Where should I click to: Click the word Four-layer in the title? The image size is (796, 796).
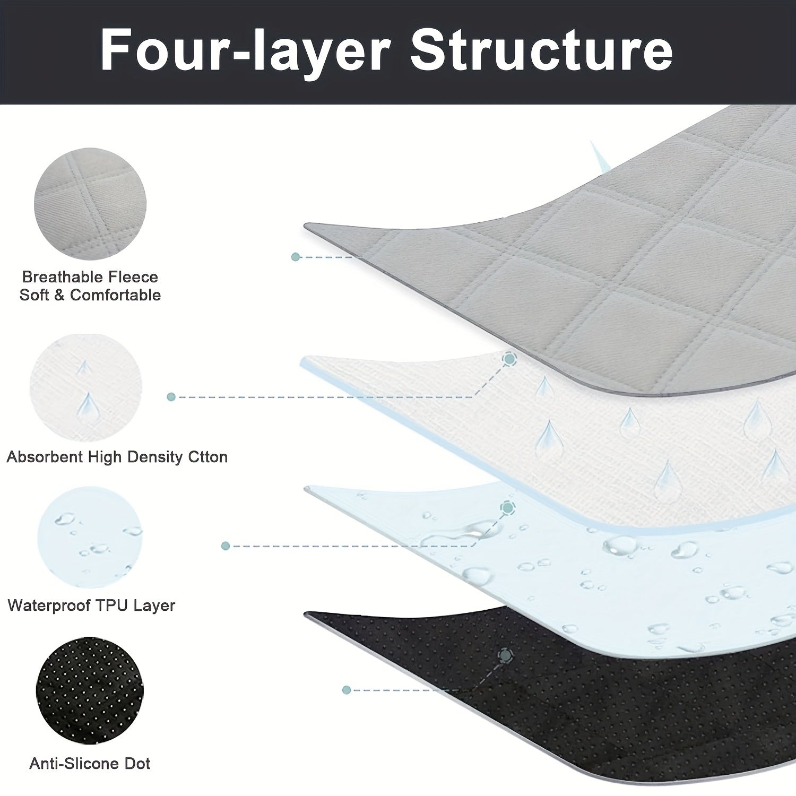pos(245,51)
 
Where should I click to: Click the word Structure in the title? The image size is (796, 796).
pos(541,51)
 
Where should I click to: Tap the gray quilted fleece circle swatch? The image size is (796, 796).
pos(90,204)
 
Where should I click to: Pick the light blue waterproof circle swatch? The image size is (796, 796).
pos(90,537)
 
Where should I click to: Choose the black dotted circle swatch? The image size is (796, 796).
pos(90,690)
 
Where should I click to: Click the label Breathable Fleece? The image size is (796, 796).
pos(90,276)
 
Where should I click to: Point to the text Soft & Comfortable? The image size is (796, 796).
pos(90,295)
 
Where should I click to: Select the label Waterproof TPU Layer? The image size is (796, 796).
pos(91,605)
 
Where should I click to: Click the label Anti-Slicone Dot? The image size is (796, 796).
pos(90,764)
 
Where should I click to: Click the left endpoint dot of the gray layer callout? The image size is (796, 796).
pos(296,257)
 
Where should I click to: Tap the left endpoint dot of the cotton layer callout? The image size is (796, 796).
pos(171,396)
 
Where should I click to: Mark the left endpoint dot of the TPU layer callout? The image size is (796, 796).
pos(226,546)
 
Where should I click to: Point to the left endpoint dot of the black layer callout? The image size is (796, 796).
pos(347,690)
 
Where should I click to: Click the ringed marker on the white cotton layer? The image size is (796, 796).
pos(510,359)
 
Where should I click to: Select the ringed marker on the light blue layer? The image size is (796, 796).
pos(508,508)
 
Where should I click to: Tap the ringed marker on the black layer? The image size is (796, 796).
pos(506,656)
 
